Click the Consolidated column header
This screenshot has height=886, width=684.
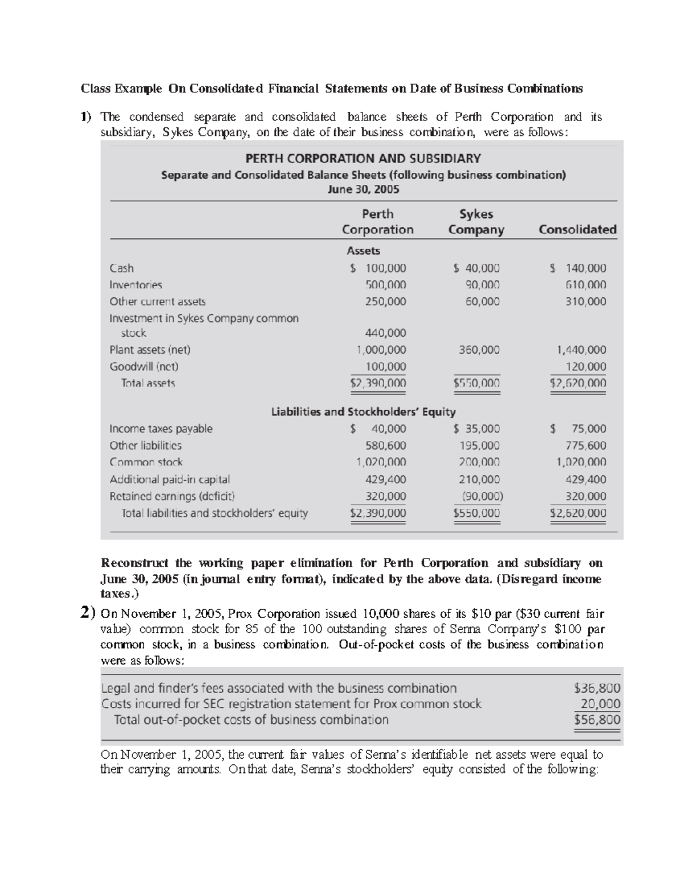577,229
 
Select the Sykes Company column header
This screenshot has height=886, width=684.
476,222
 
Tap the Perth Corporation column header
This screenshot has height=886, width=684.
377,222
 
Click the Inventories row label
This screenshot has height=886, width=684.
136,285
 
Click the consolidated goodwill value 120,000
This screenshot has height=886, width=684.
585,366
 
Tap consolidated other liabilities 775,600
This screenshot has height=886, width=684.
585,446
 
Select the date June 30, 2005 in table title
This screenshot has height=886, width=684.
363,189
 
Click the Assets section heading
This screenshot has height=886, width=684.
363,250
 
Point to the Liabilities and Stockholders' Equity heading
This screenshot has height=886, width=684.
363,411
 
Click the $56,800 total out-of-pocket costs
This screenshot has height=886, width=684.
597,720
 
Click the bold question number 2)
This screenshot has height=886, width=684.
87,614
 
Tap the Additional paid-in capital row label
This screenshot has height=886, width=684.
169,480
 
